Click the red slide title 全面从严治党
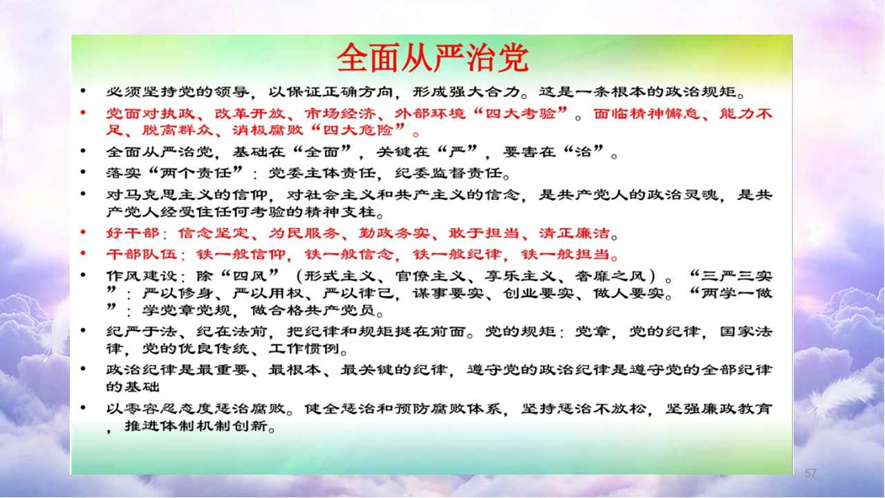(432, 58)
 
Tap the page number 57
(810, 472)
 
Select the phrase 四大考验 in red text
(521, 114)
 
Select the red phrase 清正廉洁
(575, 233)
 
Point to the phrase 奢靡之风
(610, 276)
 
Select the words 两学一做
(737, 293)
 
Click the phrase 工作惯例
(304, 349)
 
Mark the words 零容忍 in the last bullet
(151, 408)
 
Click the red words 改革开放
(250, 114)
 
